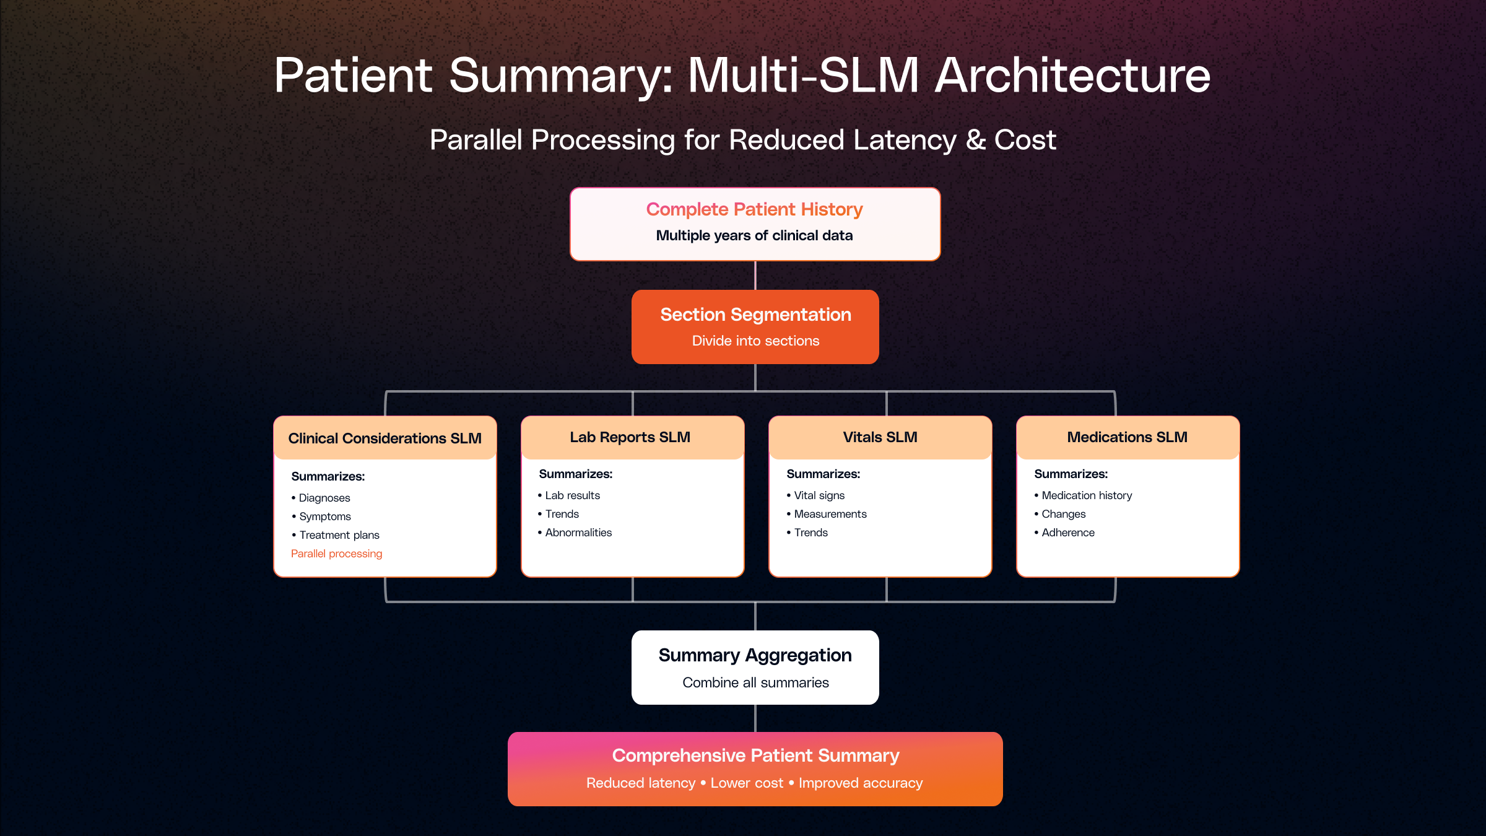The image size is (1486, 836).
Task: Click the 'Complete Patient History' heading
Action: [754, 209]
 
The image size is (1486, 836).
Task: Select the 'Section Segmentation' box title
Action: [755, 315]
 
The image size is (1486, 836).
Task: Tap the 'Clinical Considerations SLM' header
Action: [385, 438]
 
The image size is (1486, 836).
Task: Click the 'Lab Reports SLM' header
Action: [630, 437]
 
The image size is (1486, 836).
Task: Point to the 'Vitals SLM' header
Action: [880, 437]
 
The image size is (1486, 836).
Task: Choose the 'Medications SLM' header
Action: [1127, 437]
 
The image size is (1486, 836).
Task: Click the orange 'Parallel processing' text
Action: [336, 554]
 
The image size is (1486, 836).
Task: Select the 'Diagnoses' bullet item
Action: [324, 498]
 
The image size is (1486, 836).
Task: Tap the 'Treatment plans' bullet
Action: [339, 535]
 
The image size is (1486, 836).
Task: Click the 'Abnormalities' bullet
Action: [578, 533]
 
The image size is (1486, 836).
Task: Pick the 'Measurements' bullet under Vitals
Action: [830, 514]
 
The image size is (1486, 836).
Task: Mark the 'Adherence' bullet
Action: [1068, 533]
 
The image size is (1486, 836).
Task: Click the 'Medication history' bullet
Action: [1087, 495]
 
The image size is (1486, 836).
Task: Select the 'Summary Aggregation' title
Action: [755, 655]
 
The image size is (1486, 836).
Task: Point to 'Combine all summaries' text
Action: [755, 682]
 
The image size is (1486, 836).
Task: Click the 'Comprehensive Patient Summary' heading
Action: [755, 755]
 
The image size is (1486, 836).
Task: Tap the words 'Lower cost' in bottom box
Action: [747, 783]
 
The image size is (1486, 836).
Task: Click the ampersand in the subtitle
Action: [976, 140]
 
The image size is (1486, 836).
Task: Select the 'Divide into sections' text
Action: [755, 341]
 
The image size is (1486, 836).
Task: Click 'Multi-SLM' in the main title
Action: [803, 76]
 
